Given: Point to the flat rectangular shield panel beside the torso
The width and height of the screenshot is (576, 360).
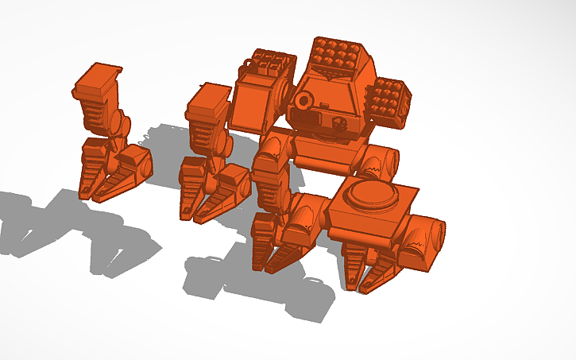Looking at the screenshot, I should click(253, 108).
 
